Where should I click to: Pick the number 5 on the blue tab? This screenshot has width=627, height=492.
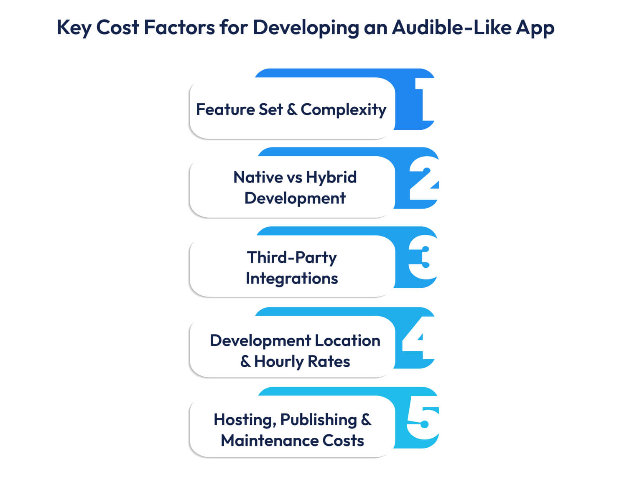click(x=423, y=422)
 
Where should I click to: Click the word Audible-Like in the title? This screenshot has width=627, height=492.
click(x=451, y=28)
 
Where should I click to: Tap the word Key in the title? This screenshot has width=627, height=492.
click(x=74, y=28)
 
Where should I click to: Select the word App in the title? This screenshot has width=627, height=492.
click(x=535, y=28)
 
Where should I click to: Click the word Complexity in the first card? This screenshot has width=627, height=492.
click(x=343, y=110)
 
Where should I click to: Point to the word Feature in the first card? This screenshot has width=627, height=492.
click(x=225, y=110)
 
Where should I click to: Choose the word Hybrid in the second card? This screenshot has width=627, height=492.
click(x=331, y=178)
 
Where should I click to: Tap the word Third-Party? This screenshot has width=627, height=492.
click(x=292, y=258)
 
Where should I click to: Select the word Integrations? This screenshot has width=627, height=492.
click(x=292, y=279)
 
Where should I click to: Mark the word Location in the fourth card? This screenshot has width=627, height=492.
click(x=347, y=341)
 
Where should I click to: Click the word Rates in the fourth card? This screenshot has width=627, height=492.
click(x=329, y=362)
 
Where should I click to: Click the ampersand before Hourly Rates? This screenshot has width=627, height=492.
click(x=245, y=362)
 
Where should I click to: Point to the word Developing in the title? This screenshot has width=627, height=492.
click(x=306, y=28)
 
